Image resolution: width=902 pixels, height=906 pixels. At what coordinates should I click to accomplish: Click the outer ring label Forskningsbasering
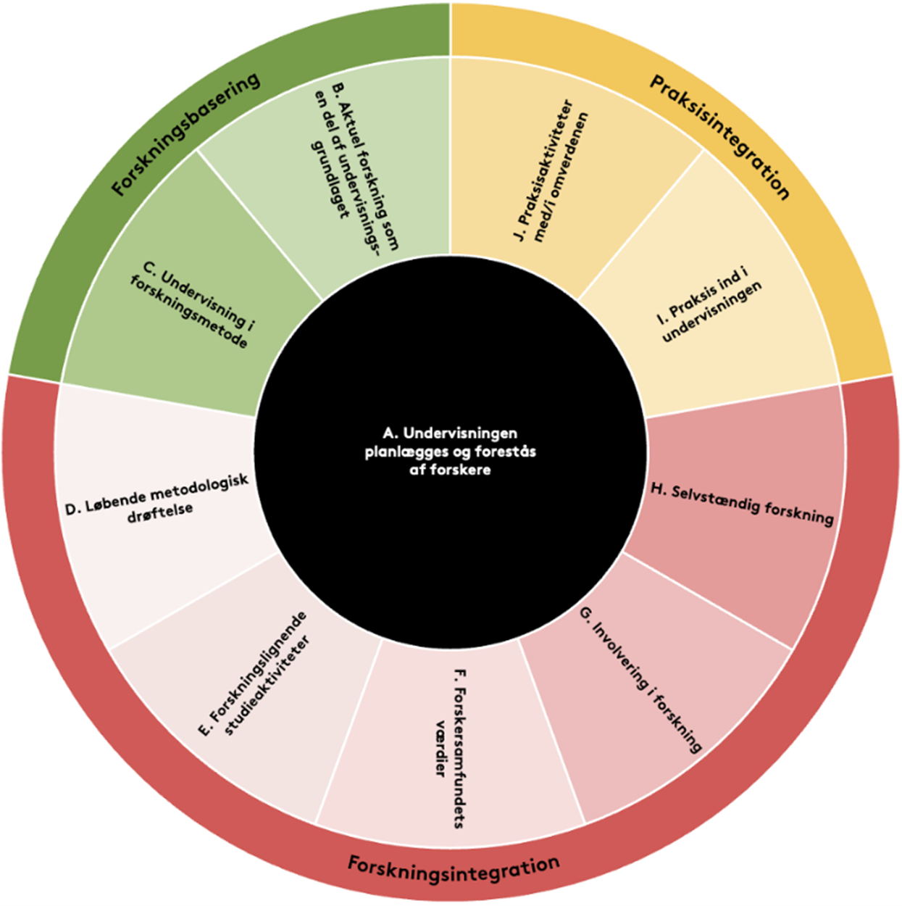185,135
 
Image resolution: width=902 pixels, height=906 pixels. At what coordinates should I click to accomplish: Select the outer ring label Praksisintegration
719,137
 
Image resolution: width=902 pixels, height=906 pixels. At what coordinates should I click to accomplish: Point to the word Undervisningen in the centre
460,433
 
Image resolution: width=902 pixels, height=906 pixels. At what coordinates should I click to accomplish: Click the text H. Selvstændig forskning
742,503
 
